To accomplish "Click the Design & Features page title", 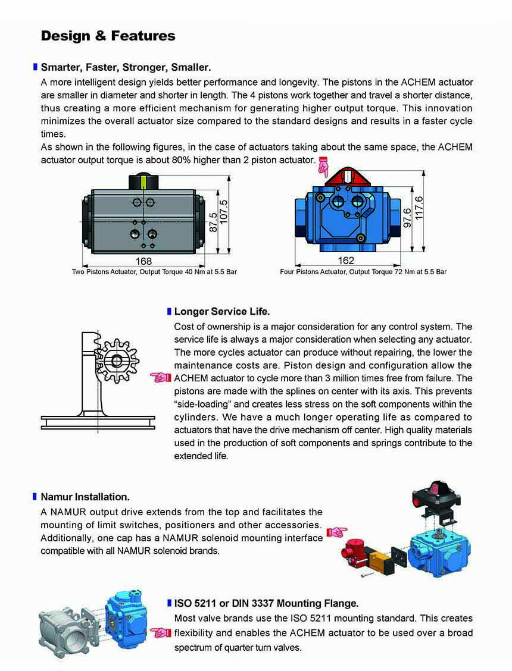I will coord(108,36).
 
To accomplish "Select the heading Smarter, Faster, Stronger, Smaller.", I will coord(126,67).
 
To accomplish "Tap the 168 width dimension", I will coord(143,261).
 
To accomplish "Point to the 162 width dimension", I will coord(346,261).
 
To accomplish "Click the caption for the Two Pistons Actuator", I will coord(154,272).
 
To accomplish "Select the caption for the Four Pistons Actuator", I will coord(363,272).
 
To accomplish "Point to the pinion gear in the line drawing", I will coord(117,360).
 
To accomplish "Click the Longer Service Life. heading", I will coord(221,311).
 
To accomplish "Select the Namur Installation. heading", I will coord(85,496).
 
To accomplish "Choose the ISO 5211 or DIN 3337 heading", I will coord(266,603).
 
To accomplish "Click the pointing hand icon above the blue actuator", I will coord(323,167).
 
